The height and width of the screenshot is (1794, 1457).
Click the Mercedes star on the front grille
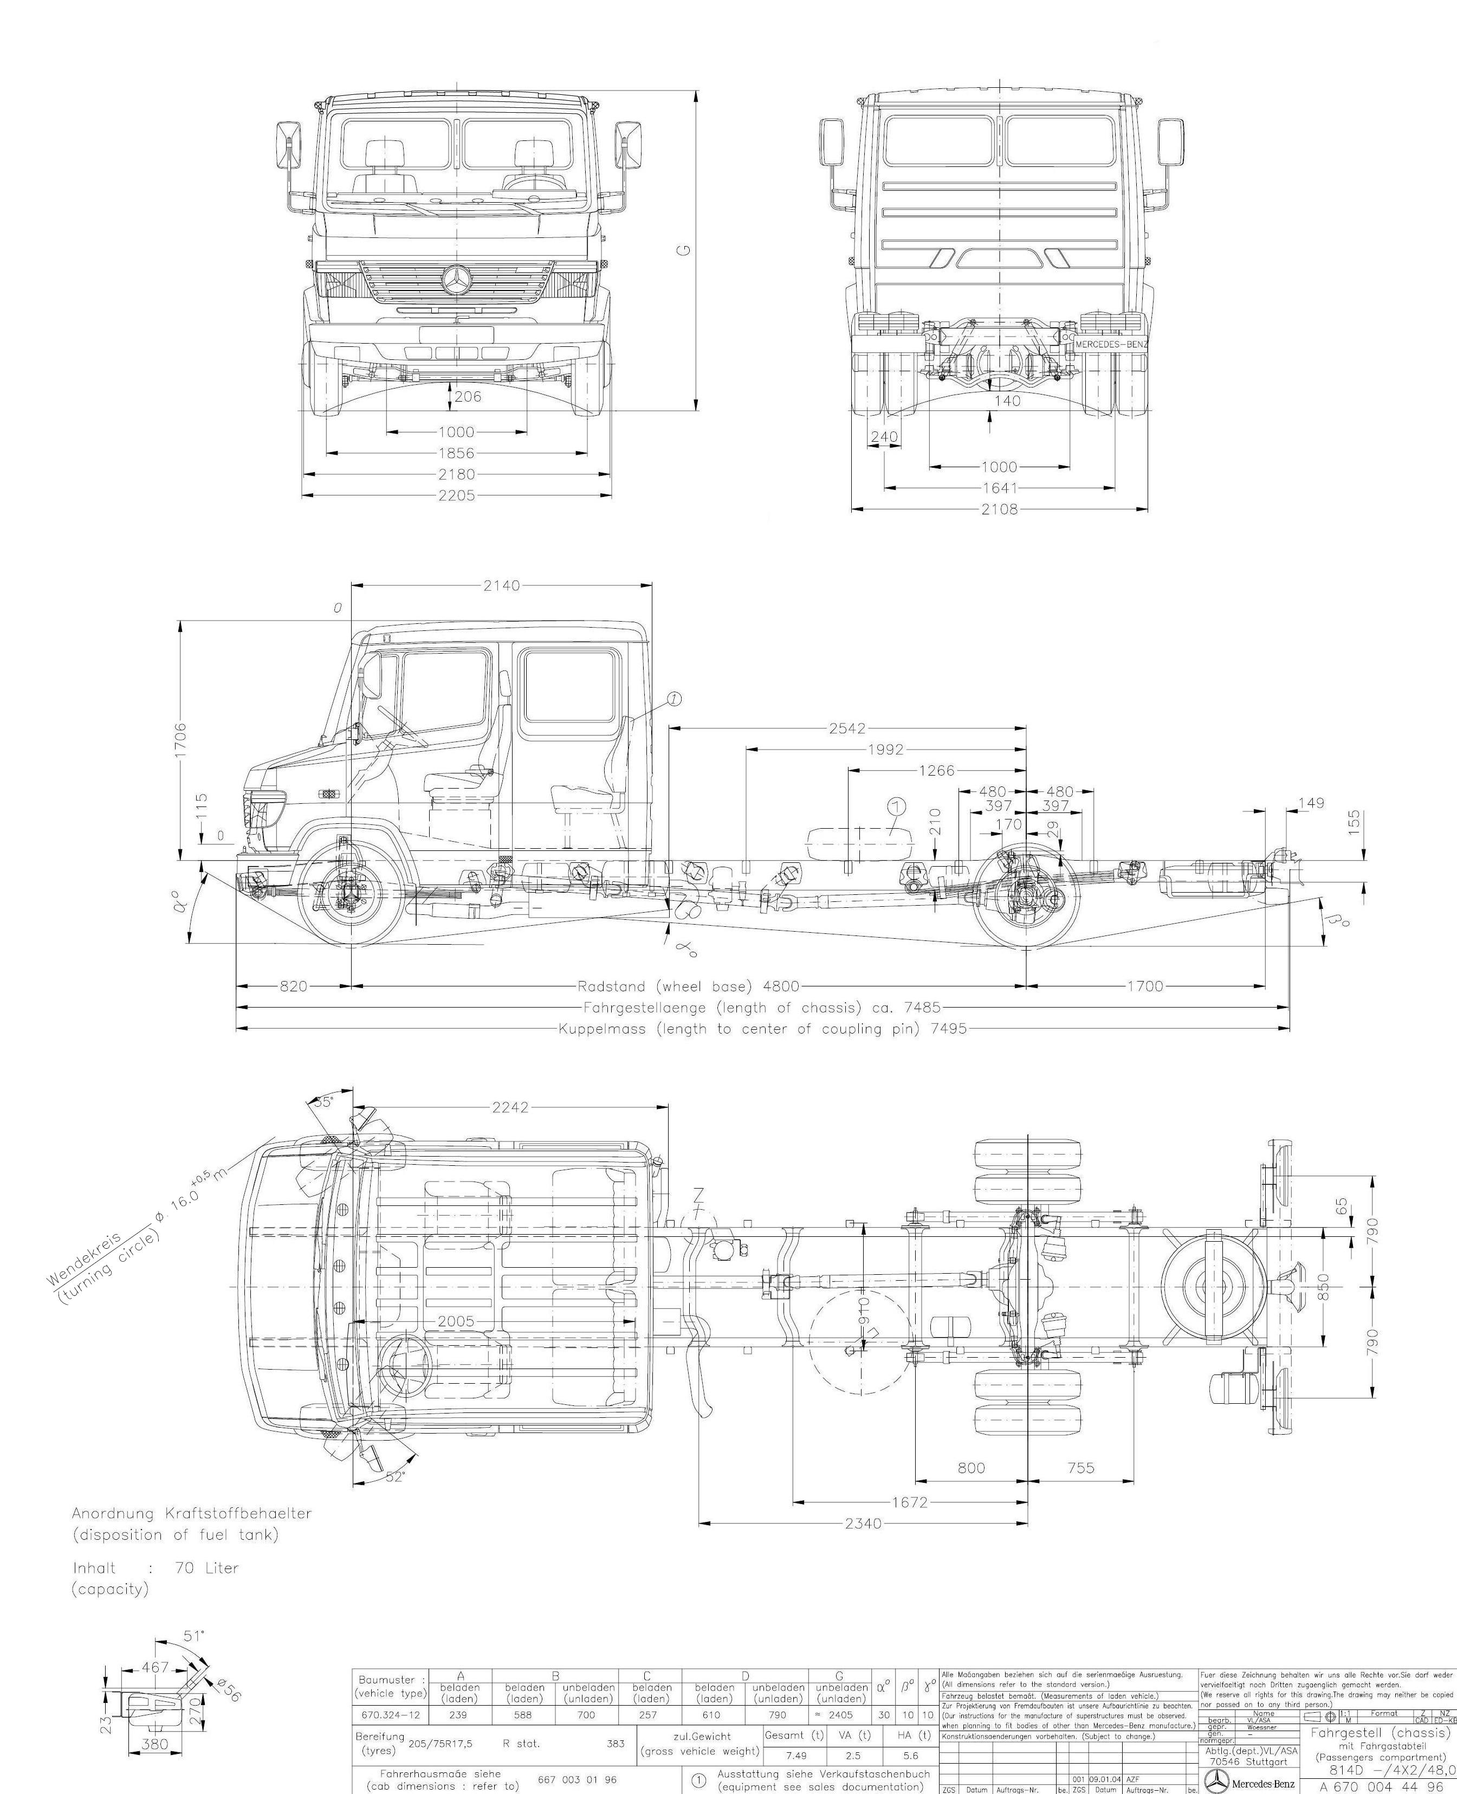click(456, 280)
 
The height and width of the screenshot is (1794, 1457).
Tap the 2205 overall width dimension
click(456, 495)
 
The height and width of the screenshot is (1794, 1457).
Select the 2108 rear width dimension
click(999, 509)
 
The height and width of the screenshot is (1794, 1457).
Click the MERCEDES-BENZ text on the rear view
click(1111, 344)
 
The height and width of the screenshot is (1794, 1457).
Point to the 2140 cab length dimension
click(501, 586)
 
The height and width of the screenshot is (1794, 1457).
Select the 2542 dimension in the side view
click(847, 728)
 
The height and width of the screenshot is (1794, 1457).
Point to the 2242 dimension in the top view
click(510, 1107)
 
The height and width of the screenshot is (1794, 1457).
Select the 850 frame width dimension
click(1324, 1285)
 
